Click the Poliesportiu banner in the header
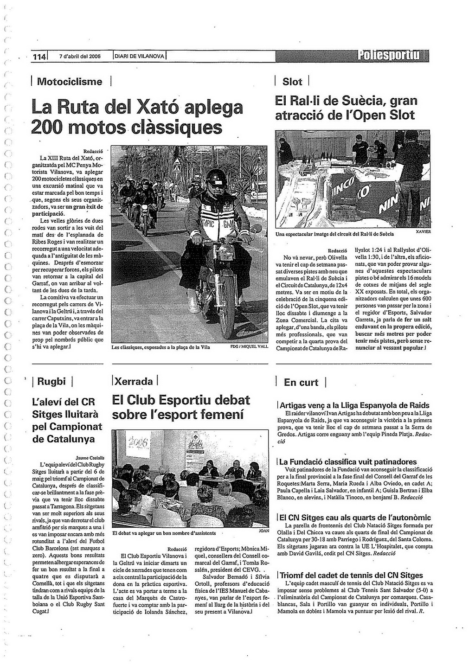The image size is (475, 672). click(392, 56)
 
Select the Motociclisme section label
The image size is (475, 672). click(70, 82)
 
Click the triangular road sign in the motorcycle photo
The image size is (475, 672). click(177, 169)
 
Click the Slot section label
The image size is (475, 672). click(292, 82)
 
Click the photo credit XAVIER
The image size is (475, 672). click(423, 231)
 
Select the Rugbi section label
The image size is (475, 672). click(51, 382)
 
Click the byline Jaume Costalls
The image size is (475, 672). click(91, 457)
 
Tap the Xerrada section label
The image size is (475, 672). click(134, 382)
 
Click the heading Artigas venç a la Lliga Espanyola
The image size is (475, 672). click(354, 405)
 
